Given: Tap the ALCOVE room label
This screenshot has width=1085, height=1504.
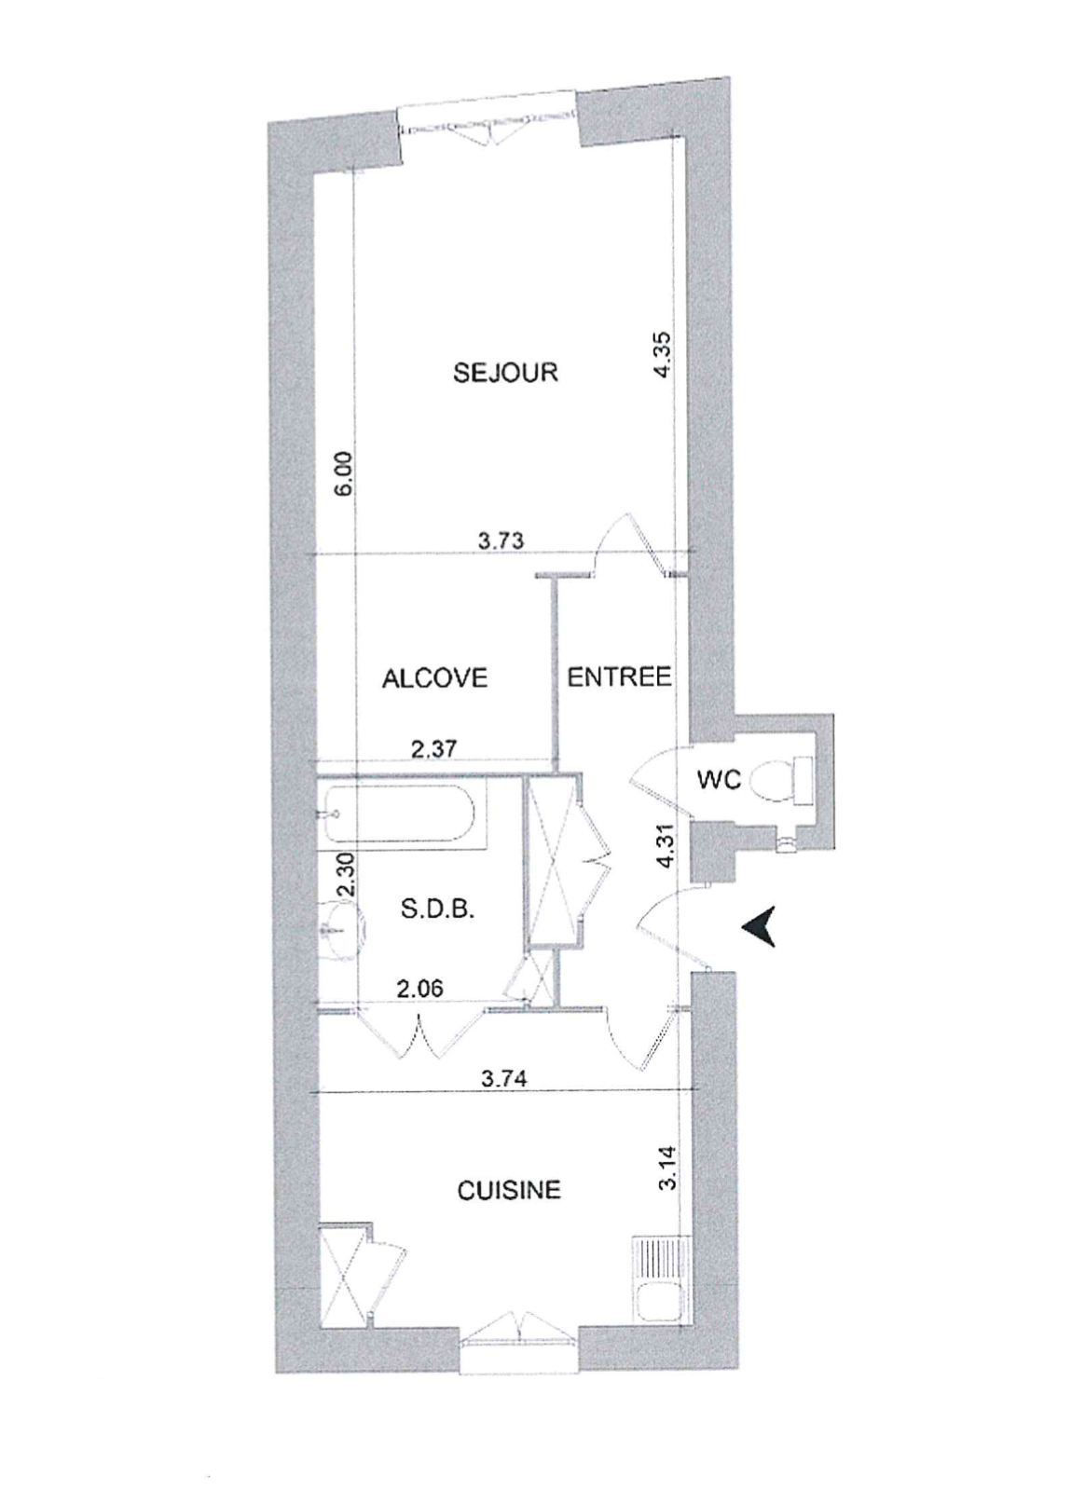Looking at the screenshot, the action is coord(434,678).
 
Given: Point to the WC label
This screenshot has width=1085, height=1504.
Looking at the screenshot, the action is coord(718,780).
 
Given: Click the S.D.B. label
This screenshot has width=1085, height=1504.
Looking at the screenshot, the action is coord(438,910).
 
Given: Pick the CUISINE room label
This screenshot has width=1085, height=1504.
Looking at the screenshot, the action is coord(509,1191).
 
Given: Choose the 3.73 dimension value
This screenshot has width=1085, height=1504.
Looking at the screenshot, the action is coord(500,541).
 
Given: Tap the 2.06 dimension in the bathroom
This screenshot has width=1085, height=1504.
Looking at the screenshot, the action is coord(420,988).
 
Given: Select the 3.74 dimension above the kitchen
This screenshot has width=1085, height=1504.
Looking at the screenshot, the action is coord(504,1079).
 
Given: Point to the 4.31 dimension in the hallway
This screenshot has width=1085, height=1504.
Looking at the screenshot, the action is coord(667,851).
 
